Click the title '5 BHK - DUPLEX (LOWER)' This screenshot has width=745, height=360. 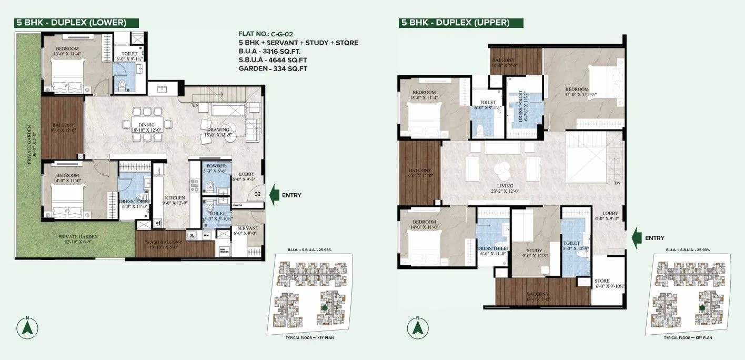(x=72, y=22)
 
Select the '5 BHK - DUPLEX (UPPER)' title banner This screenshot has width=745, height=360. (x=456, y=23)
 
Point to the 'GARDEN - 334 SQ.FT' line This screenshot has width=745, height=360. (x=273, y=68)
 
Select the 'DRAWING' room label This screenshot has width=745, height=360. (x=218, y=130)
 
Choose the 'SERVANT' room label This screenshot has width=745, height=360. (x=247, y=228)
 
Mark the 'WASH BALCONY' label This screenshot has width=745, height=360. (x=165, y=242)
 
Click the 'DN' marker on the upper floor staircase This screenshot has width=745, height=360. (x=617, y=183)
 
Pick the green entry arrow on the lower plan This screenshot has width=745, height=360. (x=275, y=195)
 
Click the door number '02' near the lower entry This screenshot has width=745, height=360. (x=258, y=194)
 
